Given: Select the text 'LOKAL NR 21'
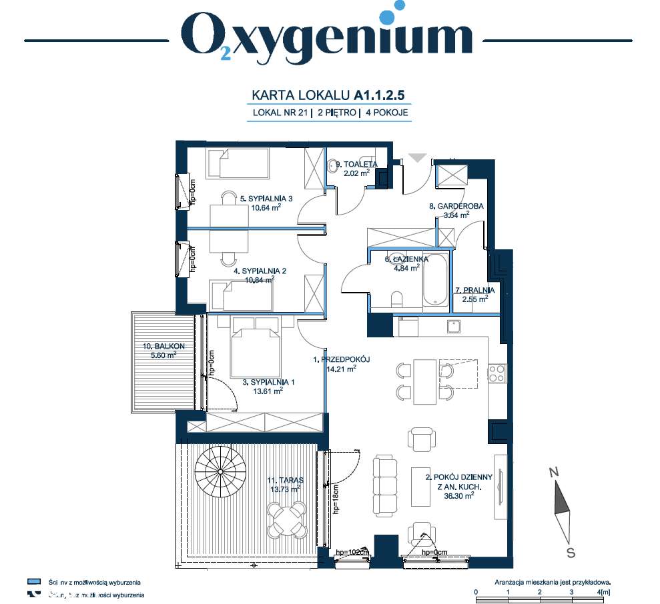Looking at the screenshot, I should click(x=280, y=113).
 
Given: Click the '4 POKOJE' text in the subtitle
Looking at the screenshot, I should click(x=386, y=113).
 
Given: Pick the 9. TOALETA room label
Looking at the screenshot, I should click(x=356, y=164).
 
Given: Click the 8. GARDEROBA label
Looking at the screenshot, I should click(x=456, y=207).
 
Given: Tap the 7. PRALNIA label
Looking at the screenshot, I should click(x=474, y=291).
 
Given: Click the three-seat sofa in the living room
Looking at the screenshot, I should click(x=384, y=485).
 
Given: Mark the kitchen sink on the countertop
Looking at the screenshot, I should click(x=454, y=326).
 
